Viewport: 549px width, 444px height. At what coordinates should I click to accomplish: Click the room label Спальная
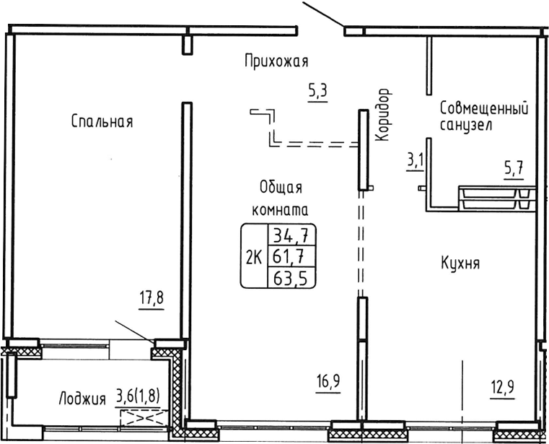pos(102,121)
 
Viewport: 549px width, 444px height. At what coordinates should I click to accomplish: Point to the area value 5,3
pos(317,92)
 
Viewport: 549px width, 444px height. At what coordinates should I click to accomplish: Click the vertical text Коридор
pos(383,115)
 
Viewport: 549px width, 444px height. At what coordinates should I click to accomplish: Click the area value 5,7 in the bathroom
pos(513,170)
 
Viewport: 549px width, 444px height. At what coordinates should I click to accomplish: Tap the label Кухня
pos(460,264)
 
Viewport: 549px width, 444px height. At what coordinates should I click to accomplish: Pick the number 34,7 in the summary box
pos(292,235)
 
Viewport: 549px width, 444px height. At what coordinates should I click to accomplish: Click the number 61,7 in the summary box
pos(292,256)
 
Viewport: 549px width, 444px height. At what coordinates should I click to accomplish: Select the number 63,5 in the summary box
pos(292,277)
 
